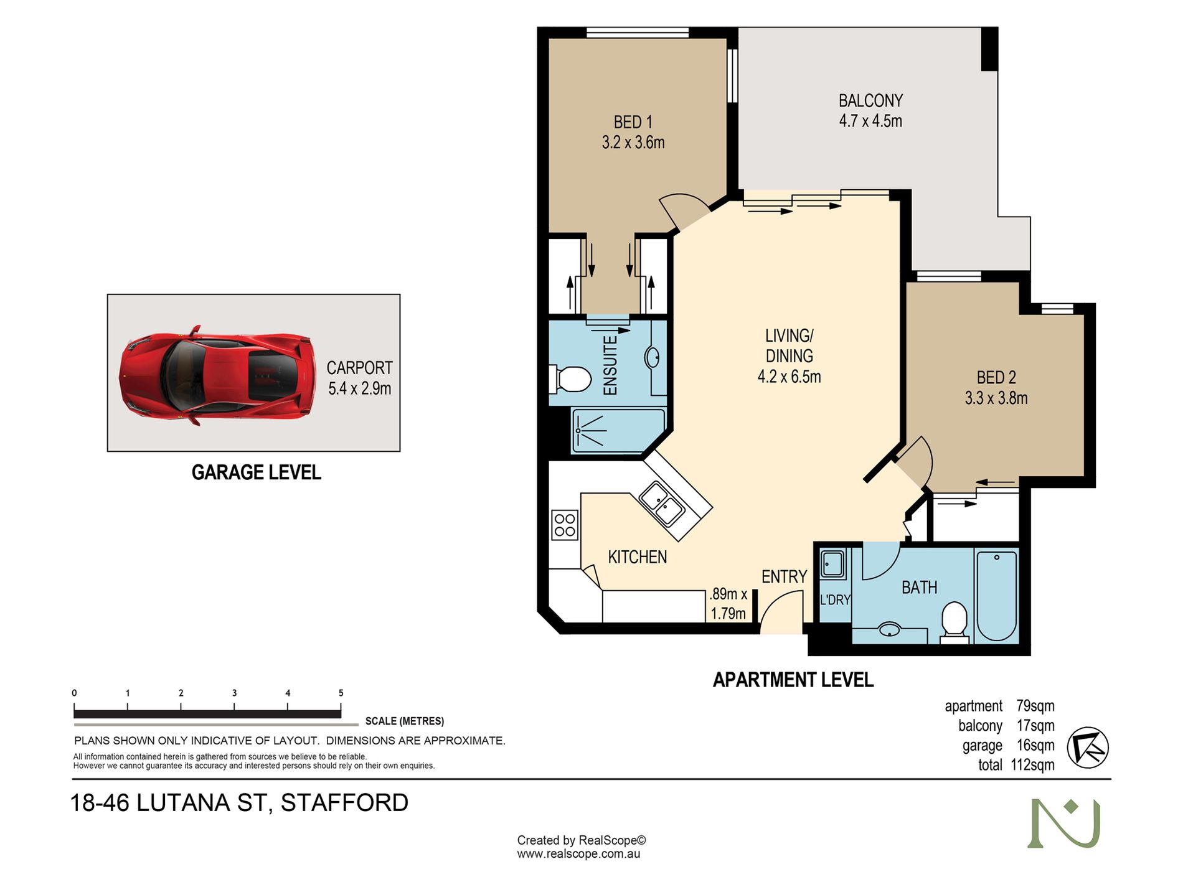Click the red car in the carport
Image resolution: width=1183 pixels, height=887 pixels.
(x=218, y=375)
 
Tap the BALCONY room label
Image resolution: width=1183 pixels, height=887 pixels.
(x=870, y=101)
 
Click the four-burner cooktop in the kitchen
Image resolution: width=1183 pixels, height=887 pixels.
(x=565, y=525)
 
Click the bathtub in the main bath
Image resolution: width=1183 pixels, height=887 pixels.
(x=996, y=596)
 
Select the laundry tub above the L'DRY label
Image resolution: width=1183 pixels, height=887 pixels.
(x=832, y=565)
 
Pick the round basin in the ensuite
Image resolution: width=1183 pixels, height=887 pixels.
(x=653, y=358)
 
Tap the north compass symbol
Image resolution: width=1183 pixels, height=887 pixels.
(x=1088, y=747)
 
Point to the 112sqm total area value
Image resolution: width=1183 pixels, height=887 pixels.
(x=1033, y=765)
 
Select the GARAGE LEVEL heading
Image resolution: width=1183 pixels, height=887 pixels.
(x=257, y=473)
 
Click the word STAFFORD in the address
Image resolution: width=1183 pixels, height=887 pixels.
(x=344, y=803)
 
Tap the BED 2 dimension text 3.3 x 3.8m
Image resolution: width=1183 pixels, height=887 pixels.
(x=996, y=398)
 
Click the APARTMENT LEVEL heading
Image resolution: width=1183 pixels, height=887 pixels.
(x=793, y=680)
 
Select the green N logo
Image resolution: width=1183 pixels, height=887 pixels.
(x=1064, y=823)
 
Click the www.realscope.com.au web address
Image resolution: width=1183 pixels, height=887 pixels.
(x=578, y=854)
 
